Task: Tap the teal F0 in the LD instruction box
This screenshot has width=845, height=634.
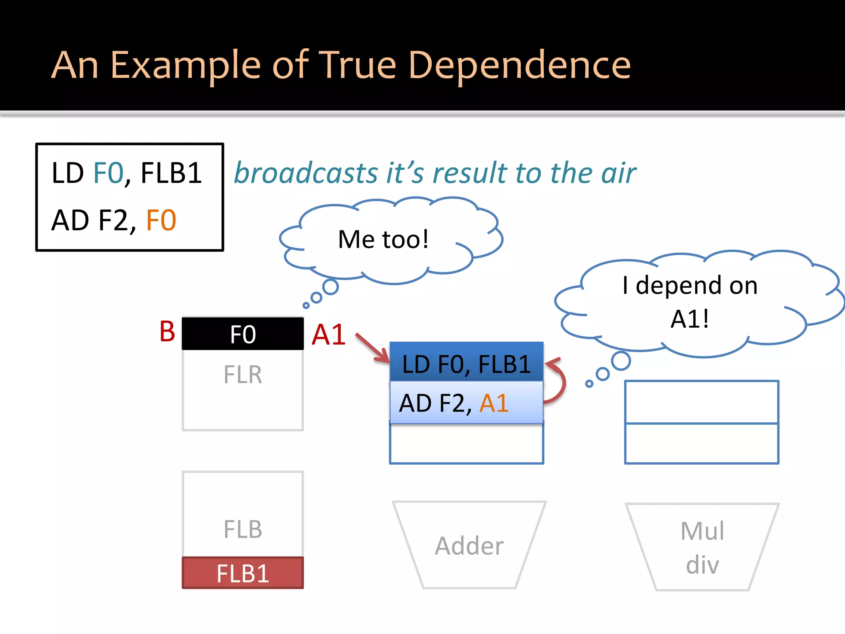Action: point(109,173)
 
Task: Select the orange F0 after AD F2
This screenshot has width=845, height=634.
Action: point(161,220)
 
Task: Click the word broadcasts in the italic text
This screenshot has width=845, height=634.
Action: point(306,173)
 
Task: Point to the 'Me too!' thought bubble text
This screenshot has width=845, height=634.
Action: point(383,239)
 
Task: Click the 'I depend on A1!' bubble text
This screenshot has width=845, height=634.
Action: point(690,301)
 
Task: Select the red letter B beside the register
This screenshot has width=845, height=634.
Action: point(167,331)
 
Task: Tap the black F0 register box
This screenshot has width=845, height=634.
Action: point(243,334)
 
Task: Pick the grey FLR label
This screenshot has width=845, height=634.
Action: point(243,375)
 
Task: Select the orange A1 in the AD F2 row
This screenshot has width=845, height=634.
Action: point(493,403)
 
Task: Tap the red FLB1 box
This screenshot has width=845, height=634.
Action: point(243,573)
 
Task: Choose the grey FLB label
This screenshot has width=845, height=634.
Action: point(243,530)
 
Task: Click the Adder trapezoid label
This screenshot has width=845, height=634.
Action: point(469,546)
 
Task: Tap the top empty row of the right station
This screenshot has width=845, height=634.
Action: point(701,402)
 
